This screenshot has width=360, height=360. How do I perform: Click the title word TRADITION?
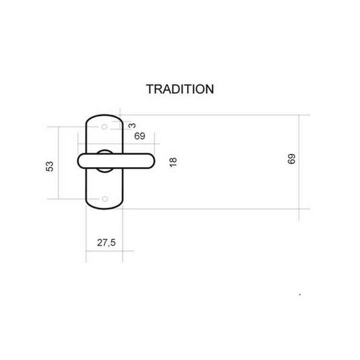tap(180, 89)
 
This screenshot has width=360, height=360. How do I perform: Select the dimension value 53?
tap(49, 167)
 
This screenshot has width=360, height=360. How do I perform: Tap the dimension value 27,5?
tap(106, 243)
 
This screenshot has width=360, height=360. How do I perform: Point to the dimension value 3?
tap(132, 126)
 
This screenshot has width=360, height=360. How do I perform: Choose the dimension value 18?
tap(173, 162)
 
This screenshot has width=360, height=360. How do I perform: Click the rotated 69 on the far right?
tap(291, 159)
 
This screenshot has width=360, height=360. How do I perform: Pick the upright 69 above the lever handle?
tap(140, 136)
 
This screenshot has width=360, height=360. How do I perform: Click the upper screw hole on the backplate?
tap(105, 127)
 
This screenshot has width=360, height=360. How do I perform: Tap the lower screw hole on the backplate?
tap(105, 199)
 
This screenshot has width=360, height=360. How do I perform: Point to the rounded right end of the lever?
tap(154, 161)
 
